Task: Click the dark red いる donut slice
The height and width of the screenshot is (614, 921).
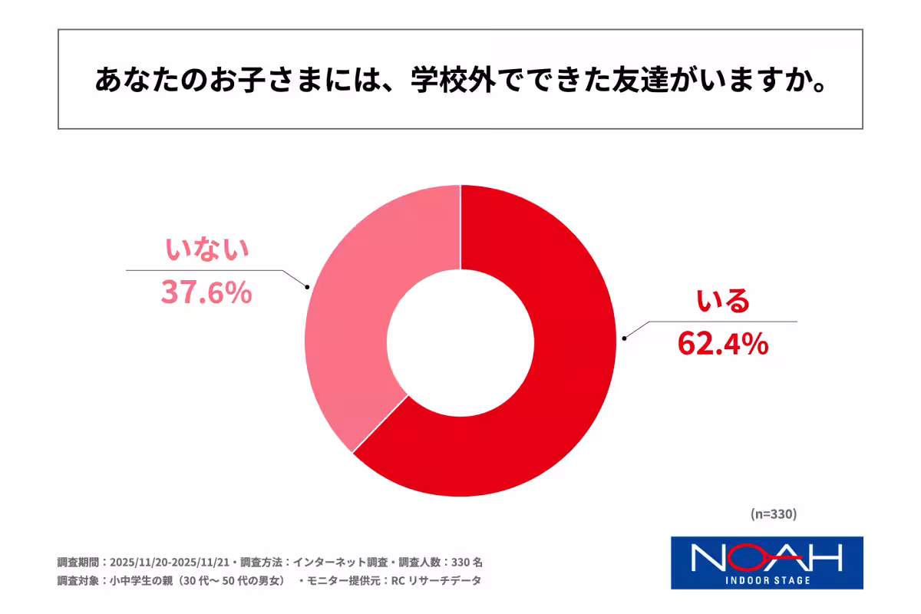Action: click(553, 384)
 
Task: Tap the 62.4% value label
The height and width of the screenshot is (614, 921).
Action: click(722, 344)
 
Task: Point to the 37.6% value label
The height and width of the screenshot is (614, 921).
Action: click(206, 292)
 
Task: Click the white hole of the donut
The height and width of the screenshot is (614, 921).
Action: click(460, 341)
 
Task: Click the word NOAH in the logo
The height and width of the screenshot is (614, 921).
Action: click(767, 557)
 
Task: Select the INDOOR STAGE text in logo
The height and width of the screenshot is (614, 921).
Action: click(767, 579)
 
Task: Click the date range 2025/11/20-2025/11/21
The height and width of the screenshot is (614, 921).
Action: click(171, 562)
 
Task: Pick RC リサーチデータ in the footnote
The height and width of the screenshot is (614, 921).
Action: click(436, 581)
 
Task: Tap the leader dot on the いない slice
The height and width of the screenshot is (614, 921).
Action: click(307, 288)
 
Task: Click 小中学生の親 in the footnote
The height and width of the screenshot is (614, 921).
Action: click(140, 581)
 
